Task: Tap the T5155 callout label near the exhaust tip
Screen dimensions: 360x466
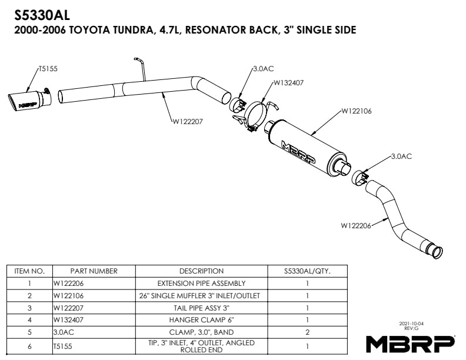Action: [x=48, y=68]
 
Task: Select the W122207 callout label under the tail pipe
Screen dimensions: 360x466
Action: [x=188, y=122]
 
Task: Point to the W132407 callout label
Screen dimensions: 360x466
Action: [x=288, y=83]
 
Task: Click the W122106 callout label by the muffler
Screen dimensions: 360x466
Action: [x=357, y=110]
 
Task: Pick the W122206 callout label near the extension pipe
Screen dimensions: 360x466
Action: [x=356, y=225]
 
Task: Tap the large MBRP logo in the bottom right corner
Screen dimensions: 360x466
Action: [x=410, y=342]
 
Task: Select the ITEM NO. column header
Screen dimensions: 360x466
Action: [x=29, y=271]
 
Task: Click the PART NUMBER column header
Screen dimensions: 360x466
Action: [x=94, y=271]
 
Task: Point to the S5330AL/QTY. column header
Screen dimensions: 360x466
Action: [x=307, y=271]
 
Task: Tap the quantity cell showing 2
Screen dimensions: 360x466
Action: [x=307, y=332]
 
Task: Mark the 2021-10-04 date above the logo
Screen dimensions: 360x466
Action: [x=411, y=324]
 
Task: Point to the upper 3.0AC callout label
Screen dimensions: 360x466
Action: [x=263, y=69]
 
